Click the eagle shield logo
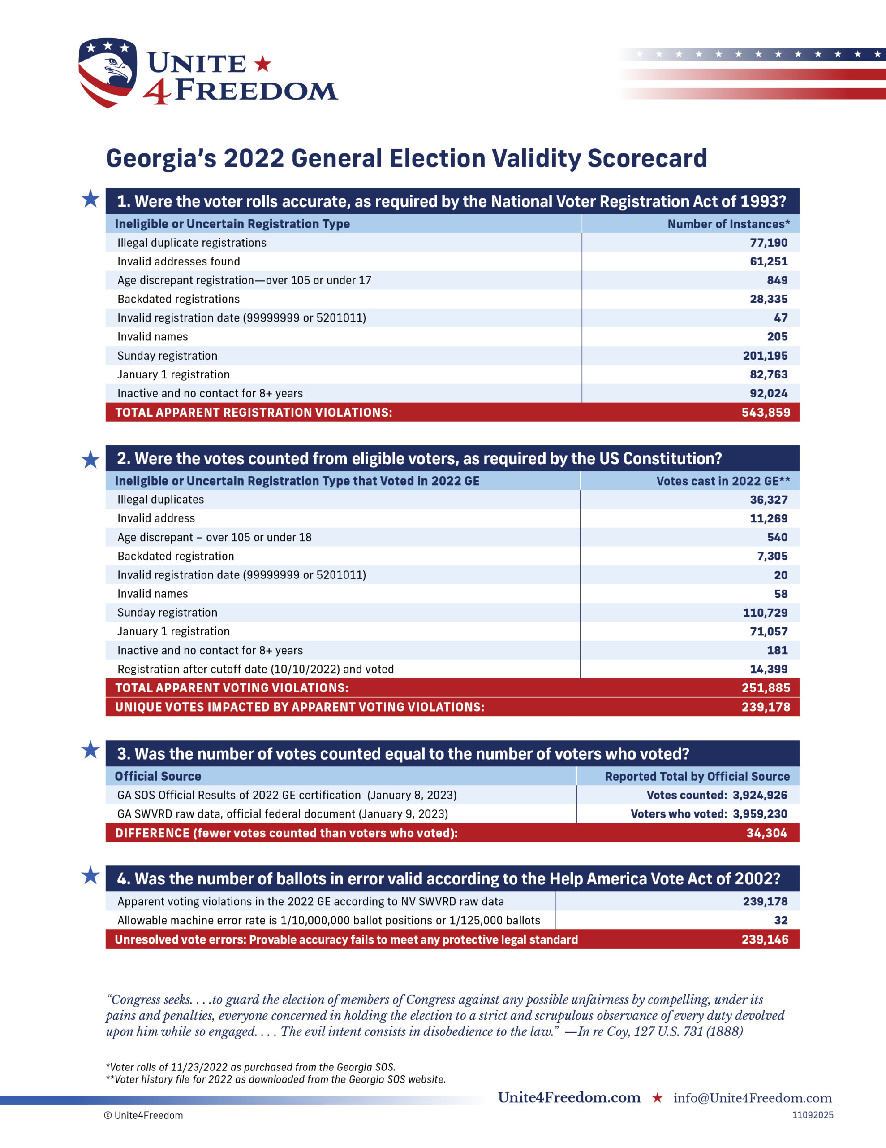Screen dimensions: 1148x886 107,72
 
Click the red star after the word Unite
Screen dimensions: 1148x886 262,64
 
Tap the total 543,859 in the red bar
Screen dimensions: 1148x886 765,412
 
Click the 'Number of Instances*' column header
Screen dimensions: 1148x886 728,224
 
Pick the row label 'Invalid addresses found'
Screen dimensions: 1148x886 179,261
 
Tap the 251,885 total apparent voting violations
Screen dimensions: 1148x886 765,687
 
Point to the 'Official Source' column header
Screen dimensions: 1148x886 158,776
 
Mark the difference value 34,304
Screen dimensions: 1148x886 766,833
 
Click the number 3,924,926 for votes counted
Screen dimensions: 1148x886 760,795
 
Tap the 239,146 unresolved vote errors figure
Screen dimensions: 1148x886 765,939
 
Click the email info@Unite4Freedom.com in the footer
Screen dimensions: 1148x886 753,1098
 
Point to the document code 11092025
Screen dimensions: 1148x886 813,1115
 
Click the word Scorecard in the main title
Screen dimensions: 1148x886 647,158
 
